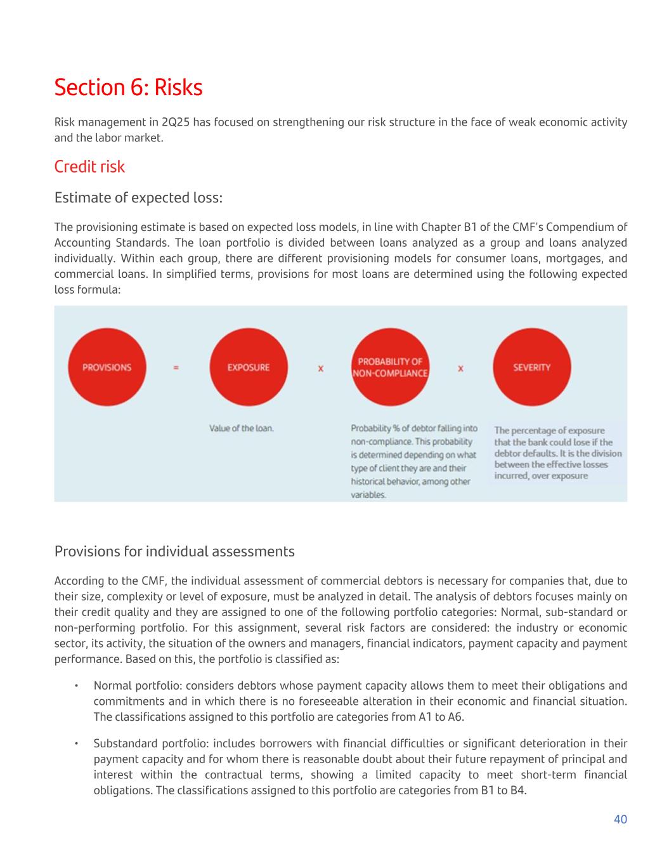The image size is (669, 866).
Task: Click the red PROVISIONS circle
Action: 107,367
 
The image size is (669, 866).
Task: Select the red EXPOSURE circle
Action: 248,367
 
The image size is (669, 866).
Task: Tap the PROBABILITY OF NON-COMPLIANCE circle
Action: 390,367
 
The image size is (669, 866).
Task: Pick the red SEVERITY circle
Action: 531,367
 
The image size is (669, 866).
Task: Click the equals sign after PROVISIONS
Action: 176,367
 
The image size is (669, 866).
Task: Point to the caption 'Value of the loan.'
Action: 242,428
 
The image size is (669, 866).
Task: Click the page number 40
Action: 620,820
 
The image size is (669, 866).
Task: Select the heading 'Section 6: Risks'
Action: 128,88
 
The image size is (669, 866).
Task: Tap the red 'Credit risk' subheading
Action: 89,166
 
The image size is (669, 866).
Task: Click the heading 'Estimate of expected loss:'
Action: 138,198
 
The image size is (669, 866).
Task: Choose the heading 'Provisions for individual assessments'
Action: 174,551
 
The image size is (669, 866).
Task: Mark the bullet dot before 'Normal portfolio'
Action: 75,686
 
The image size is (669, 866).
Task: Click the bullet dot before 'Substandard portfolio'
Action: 75,744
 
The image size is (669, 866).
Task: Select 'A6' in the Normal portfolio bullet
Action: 456,718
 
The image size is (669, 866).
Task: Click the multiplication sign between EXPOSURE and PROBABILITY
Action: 321,368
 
